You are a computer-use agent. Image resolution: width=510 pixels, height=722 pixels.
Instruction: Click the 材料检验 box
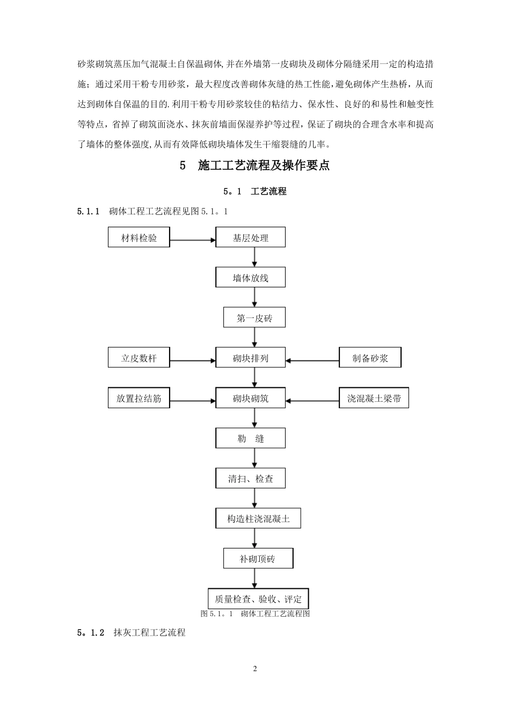(x=139, y=237)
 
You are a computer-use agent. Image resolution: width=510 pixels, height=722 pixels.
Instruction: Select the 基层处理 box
(x=250, y=237)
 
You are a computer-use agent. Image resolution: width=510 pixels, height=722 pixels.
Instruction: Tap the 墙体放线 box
(x=250, y=278)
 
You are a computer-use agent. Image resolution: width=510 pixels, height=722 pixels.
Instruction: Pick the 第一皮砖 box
(x=254, y=318)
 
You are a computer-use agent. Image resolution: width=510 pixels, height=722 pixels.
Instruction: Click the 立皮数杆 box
(x=139, y=358)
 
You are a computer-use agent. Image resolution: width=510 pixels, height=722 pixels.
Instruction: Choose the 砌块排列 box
(x=250, y=358)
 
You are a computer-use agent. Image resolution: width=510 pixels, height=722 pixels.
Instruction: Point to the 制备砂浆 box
(x=370, y=358)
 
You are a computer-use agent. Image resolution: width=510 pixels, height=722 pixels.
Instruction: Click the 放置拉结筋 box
(x=139, y=399)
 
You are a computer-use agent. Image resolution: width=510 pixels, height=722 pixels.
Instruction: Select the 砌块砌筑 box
(x=250, y=399)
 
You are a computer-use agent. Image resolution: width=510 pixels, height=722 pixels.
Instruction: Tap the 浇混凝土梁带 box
(x=374, y=399)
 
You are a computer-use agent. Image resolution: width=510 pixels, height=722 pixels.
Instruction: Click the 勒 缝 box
(x=250, y=438)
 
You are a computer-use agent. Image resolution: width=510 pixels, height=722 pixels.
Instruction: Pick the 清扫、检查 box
(x=250, y=479)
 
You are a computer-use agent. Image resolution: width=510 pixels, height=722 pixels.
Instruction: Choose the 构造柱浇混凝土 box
(x=258, y=519)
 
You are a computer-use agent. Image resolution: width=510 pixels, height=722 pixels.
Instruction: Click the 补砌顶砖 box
(x=258, y=559)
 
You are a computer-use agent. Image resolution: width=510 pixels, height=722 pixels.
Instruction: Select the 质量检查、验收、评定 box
(x=258, y=599)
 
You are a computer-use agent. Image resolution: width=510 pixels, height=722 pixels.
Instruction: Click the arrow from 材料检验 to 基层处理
(x=193, y=240)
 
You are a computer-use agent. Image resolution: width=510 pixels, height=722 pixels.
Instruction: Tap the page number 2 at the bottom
(x=255, y=669)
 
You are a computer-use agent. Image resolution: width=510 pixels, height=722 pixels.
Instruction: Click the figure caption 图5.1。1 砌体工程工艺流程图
(x=255, y=613)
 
